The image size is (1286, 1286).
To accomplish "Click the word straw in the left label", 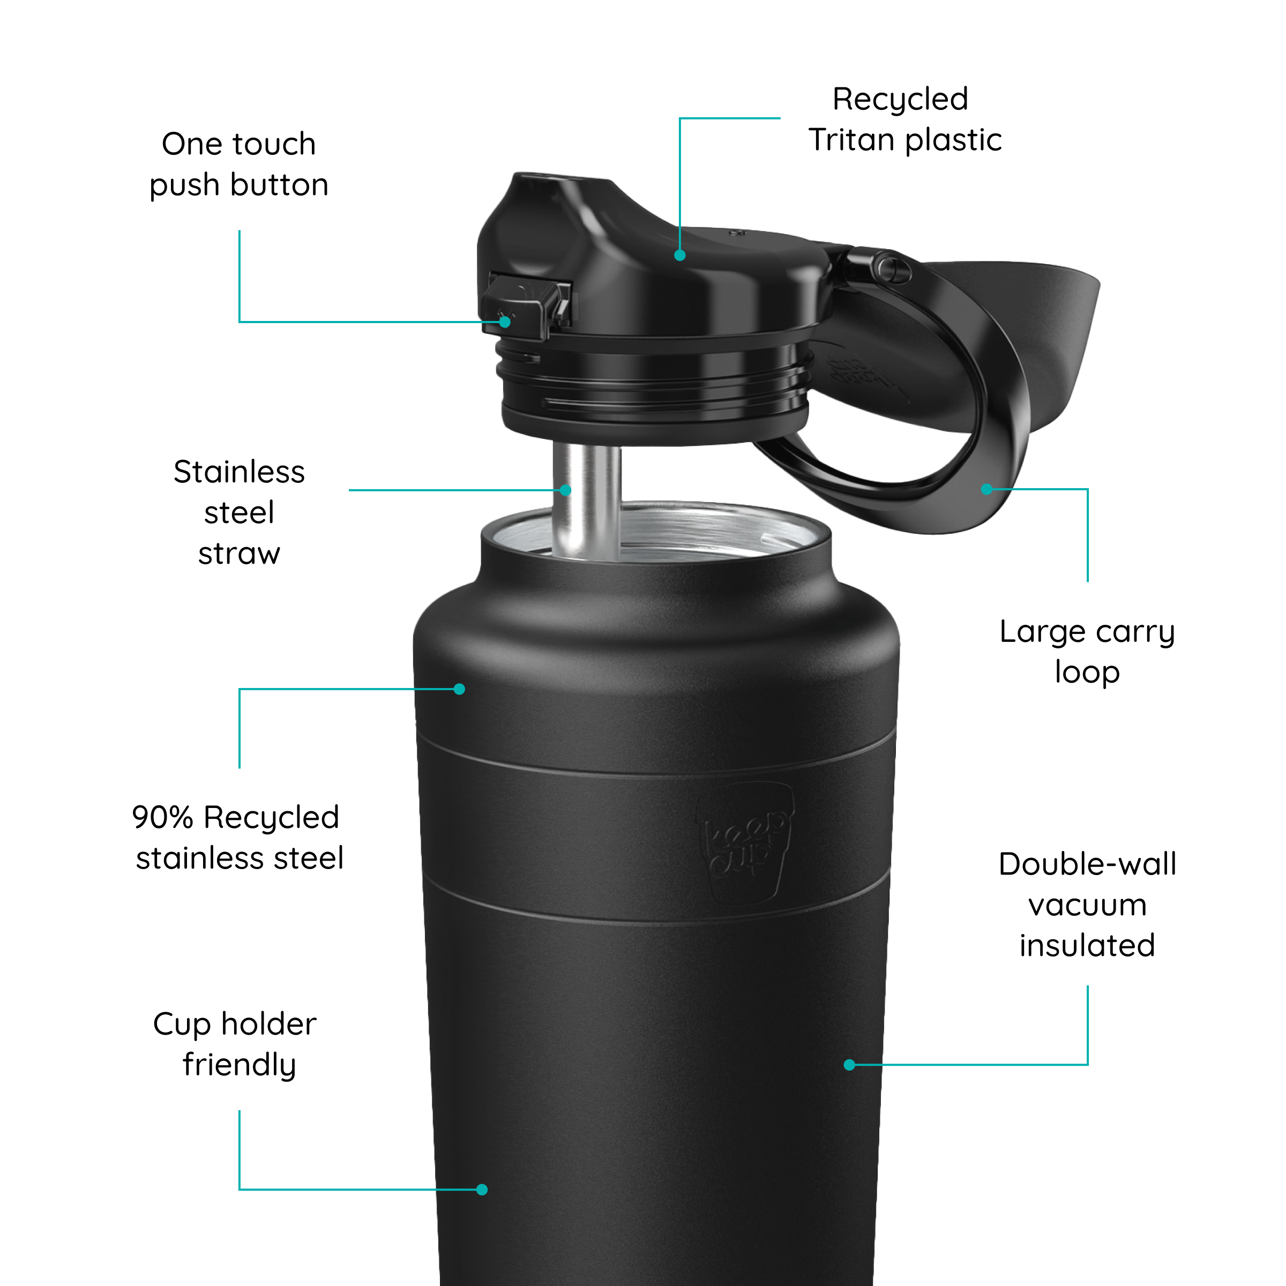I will coord(239,554).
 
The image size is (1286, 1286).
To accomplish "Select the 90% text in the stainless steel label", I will coord(162,817).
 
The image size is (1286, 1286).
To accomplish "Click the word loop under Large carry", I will coord(1087,672).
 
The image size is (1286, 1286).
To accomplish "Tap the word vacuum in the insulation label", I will coord(1087,905).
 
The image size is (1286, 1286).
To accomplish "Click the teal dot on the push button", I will coord(505,322).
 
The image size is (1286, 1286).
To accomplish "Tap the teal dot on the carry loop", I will coord(986,489).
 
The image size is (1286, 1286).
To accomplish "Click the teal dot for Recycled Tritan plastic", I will coord(679,255).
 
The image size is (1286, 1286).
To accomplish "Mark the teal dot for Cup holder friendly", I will coord(482,1190).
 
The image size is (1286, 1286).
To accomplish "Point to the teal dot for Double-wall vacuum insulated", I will coord(849,1065).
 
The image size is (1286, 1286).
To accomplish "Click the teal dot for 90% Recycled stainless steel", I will coord(459,689).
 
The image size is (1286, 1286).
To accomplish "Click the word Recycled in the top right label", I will coord(900,100).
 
